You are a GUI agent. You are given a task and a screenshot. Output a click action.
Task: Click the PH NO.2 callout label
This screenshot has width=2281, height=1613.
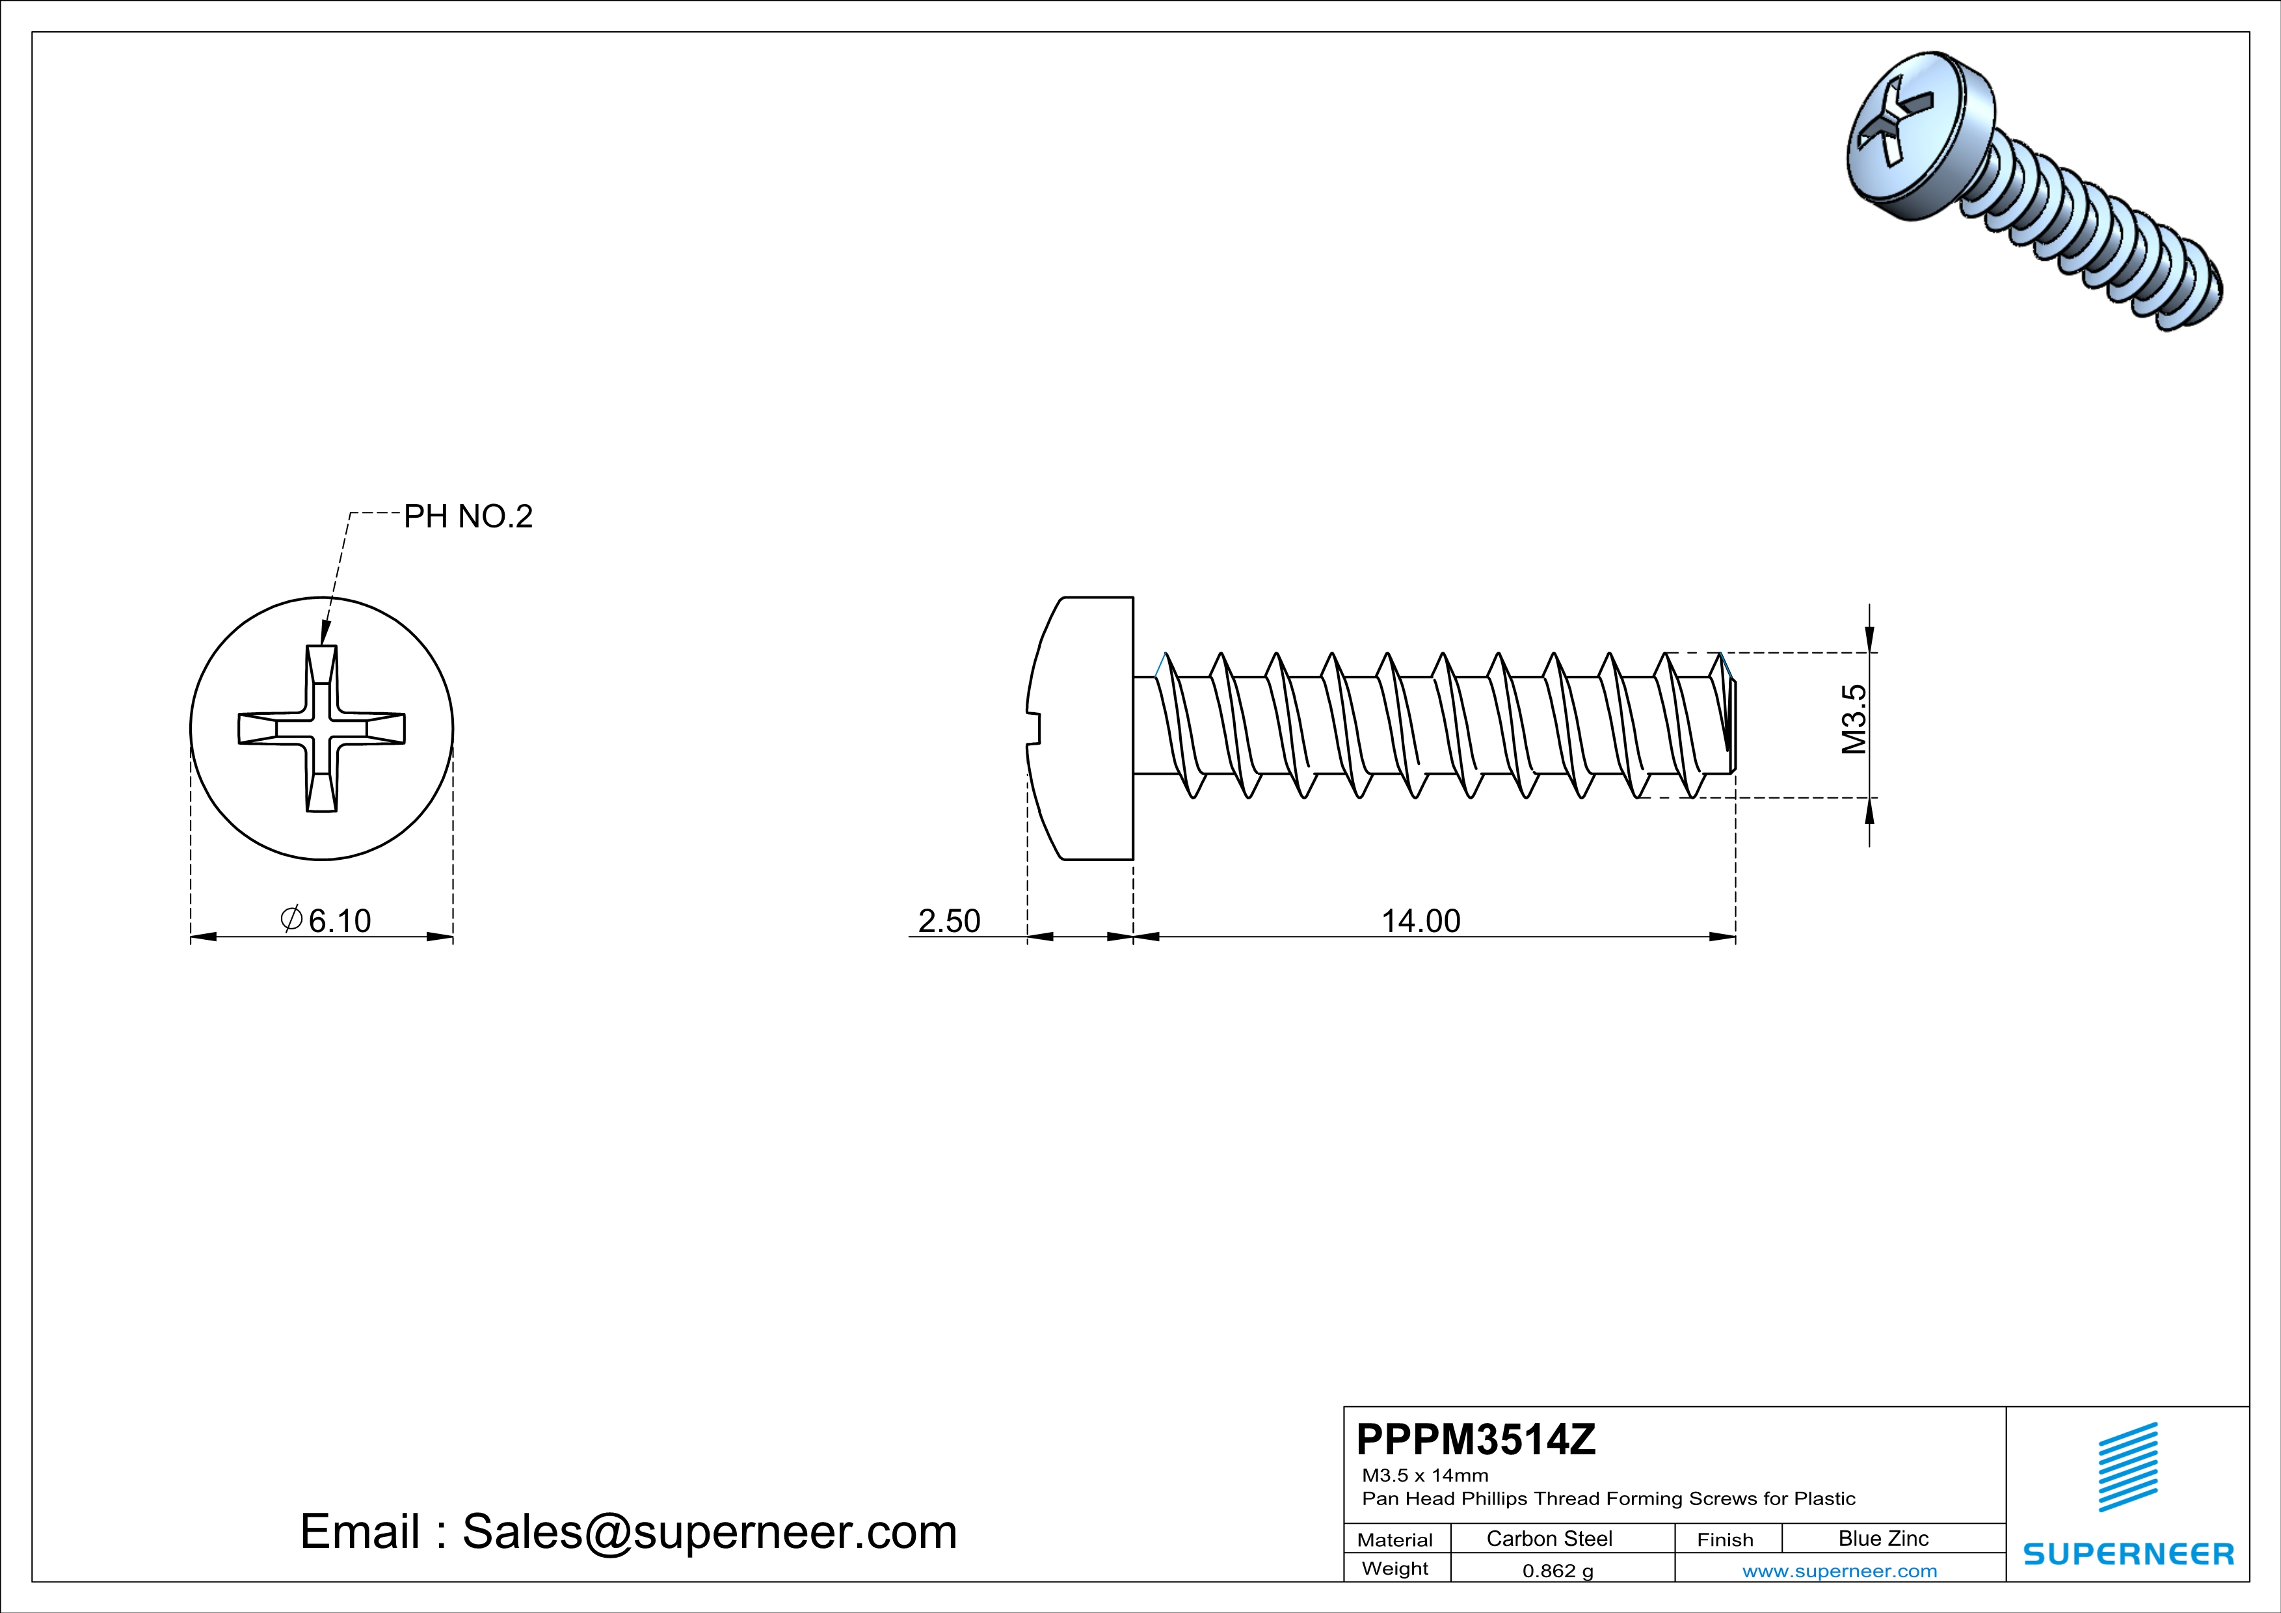click(468, 516)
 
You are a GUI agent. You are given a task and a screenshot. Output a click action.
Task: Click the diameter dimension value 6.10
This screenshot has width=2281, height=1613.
click(339, 921)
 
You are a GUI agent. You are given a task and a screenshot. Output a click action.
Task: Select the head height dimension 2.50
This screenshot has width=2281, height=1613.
click(949, 921)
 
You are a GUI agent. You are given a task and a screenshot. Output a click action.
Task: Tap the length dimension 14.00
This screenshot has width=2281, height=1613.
click(1421, 921)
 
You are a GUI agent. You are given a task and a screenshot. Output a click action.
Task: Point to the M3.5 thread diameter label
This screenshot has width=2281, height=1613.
click(1854, 719)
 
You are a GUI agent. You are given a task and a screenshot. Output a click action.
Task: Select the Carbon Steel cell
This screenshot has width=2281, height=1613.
click(1549, 1538)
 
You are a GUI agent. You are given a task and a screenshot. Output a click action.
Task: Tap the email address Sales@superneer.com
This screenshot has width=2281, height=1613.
click(710, 1530)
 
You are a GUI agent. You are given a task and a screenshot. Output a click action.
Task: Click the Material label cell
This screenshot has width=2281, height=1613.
click(1395, 1540)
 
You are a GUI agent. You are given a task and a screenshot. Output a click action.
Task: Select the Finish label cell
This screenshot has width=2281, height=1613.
click(1726, 1540)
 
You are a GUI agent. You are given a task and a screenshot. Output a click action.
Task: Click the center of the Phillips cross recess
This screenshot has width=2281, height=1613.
click(321, 728)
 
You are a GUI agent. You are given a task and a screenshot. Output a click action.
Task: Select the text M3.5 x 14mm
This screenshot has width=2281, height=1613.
click(1424, 1475)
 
